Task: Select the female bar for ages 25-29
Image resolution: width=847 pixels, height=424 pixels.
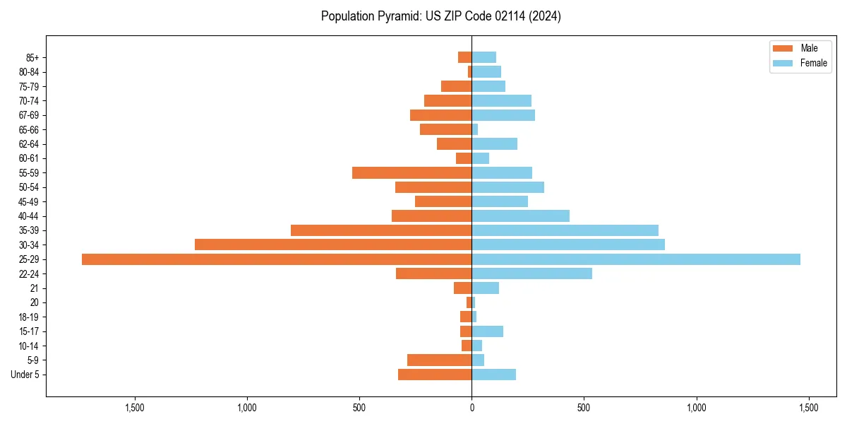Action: coord(636,259)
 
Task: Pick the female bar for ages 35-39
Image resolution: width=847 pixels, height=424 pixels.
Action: coord(565,230)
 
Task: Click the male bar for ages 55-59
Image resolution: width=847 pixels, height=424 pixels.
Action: coord(412,172)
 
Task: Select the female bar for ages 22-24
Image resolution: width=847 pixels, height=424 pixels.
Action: coord(531,273)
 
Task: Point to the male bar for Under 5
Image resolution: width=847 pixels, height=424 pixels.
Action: coord(435,375)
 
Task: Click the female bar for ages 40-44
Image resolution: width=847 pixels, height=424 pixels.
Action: coord(520,216)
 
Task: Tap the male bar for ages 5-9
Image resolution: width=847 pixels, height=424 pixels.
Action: coord(439,360)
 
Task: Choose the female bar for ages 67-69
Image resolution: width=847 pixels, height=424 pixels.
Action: coord(503,115)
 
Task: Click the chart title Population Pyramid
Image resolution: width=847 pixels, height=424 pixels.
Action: coord(440,16)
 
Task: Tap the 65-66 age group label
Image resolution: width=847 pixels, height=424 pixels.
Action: coord(28,129)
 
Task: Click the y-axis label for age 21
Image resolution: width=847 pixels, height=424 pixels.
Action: coord(35,288)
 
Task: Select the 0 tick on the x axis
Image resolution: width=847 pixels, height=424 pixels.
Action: coord(471,408)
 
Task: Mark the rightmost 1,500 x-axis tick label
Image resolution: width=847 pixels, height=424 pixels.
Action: coord(808,408)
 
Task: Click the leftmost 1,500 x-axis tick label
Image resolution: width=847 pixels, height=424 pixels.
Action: coord(135,408)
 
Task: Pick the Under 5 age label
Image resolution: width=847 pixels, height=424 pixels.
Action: coord(25,375)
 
